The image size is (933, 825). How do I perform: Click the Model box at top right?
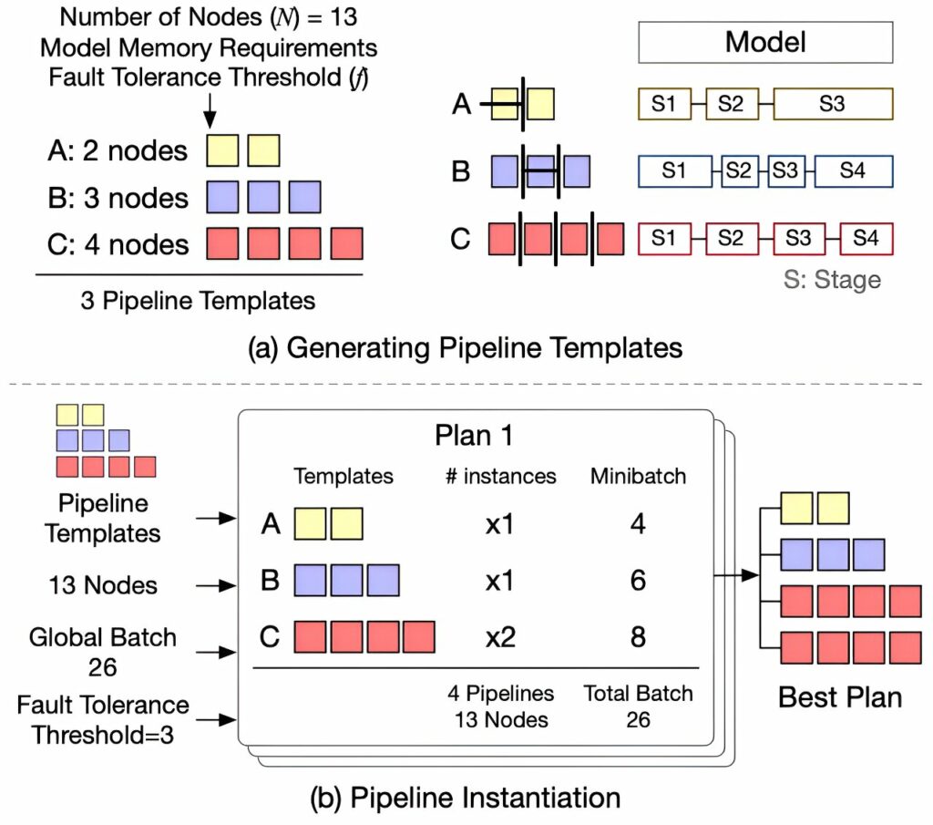coord(765,42)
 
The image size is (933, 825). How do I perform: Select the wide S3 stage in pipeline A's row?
coord(831,104)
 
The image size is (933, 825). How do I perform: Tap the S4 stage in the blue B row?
coord(853,170)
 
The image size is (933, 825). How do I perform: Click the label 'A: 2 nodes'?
coord(116,150)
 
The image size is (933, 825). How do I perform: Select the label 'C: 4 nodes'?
coord(116,243)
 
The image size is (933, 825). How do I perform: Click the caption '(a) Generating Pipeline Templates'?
coord(465,347)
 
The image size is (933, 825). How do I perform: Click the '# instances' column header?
coord(499,476)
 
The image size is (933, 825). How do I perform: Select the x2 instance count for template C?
coord(499,635)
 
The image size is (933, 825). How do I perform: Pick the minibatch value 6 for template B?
coord(638,580)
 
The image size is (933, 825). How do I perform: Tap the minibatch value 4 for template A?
coord(638,525)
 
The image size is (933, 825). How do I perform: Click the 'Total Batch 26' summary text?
coord(638,706)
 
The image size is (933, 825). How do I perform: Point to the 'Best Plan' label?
coord(839,698)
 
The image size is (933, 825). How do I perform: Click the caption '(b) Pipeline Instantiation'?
coord(466,798)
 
